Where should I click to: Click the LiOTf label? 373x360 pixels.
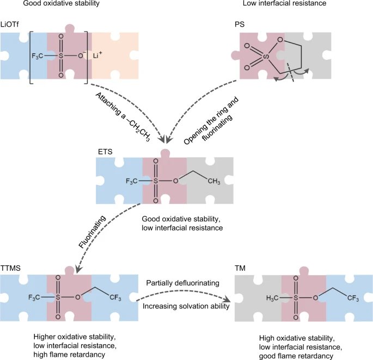pyautogui.click(x=10, y=24)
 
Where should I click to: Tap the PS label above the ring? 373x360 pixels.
pyautogui.click(x=240, y=24)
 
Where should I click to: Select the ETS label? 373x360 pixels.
pyautogui.click(x=105, y=152)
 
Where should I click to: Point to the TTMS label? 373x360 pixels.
pyautogui.click(x=10, y=268)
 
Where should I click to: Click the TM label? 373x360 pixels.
pyautogui.click(x=240, y=268)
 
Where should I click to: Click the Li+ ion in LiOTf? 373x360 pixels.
pyautogui.click(x=97, y=55)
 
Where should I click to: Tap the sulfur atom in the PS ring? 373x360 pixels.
pyautogui.click(x=266, y=57)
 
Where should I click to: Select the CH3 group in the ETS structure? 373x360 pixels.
pyautogui.click(x=214, y=182)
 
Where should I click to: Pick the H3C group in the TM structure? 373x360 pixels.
pyautogui.click(x=272, y=298)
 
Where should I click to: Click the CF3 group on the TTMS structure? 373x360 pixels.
pyautogui.click(x=115, y=297)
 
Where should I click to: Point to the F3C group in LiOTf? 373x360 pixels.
pyautogui.click(x=38, y=56)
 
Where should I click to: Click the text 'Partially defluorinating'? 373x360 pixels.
pyautogui.click(x=183, y=283)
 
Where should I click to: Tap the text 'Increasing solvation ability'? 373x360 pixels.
pyautogui.click(x=186, y=306)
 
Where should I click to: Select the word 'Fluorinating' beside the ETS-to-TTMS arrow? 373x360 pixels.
pyautogui.click(x=93, y=232)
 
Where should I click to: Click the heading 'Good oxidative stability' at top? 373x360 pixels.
pyautogui.click(x=62, y=3)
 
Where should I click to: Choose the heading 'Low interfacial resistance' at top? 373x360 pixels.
pyautogui.click(x=284, y=3)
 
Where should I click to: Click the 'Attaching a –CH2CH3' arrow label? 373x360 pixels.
pyautogui.click(x=123, y=117)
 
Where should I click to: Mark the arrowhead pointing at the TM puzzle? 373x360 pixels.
pyautogui.click(x=227, y=299)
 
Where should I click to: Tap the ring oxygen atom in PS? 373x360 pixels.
pyautogui.click(x=280, y=40)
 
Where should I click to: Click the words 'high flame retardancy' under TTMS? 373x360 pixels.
pyautogui.click(x=69, y=355)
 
